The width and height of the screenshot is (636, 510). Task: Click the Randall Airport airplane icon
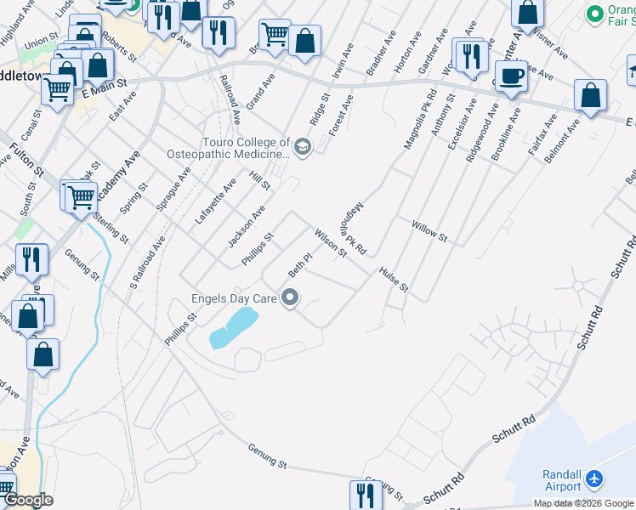[x=594, y=481]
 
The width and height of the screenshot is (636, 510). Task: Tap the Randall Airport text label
[x=561, y=481]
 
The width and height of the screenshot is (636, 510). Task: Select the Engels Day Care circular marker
[x=291, y=297]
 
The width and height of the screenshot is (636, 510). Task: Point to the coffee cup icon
[x=511, y=76]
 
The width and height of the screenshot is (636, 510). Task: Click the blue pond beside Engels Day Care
[x=232, y=327]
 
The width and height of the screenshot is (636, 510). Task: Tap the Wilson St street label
[x=331, y=242]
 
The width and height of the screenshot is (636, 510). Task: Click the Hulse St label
[x=394, y=279]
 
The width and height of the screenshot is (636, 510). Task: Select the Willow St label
[x=429, y=230]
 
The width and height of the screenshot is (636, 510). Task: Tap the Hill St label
[x=259, y=179]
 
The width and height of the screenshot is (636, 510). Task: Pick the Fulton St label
[x=26, y=159]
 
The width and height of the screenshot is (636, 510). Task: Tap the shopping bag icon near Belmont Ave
[x=590, y=97]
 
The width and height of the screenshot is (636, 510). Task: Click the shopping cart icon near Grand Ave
[x=275, y=36]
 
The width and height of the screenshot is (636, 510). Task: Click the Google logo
[x=27, y=500]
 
